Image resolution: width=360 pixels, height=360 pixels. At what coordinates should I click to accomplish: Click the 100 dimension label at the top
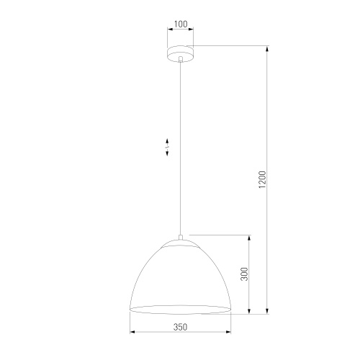(181, 24)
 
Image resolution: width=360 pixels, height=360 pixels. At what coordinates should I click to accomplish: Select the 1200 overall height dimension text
(263, 180)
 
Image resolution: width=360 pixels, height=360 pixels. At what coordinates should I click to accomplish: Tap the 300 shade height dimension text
(245, 274)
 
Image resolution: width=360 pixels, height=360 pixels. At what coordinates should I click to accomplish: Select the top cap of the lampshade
(181, 243)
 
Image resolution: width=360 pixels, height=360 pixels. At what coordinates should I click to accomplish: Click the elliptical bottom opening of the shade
(181, 310)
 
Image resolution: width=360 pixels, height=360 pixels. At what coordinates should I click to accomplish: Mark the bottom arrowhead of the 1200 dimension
(268, 312)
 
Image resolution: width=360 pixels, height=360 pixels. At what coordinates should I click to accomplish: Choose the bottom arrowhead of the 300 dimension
(250, 312)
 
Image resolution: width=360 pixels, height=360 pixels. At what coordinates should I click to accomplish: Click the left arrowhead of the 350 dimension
(132, 332)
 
